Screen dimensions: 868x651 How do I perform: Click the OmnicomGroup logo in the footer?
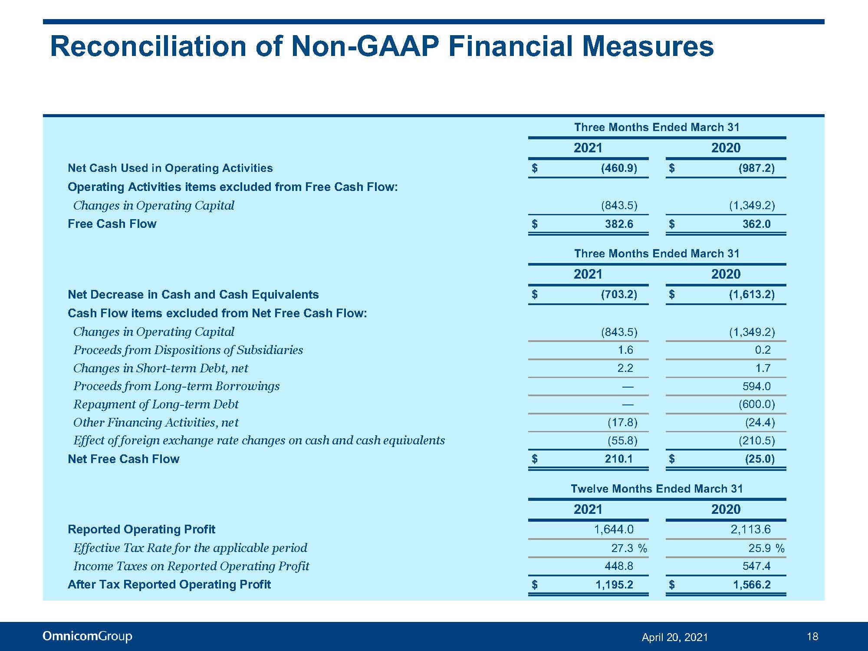coord(87,636)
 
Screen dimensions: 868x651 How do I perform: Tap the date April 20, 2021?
coord(675,637)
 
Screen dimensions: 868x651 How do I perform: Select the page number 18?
coord(812,636)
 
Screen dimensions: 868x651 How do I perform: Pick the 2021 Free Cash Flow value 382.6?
coord(619,224)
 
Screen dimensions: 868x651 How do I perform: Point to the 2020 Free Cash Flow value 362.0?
coord(756,224)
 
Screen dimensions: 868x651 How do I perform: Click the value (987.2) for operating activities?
coord(756,168)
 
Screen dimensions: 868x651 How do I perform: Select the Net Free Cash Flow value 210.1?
coord(619,459)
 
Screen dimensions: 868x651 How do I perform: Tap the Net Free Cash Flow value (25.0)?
coord(759,459)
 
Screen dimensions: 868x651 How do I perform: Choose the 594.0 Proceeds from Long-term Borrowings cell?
coord(756,386)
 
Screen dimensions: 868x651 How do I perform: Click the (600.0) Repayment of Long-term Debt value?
coord(756,404)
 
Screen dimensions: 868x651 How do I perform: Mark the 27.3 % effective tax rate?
coord(629,548)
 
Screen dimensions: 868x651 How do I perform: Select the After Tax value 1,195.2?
coord(614,585)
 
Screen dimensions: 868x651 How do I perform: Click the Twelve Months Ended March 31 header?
coord(657,489)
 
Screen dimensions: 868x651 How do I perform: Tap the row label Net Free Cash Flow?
coord(124,459)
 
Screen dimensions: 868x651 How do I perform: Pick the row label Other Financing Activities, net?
coord(156,422)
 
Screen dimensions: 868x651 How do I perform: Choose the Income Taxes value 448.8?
coord(619,566)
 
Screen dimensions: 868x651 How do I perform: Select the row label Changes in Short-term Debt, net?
coord(161,368)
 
